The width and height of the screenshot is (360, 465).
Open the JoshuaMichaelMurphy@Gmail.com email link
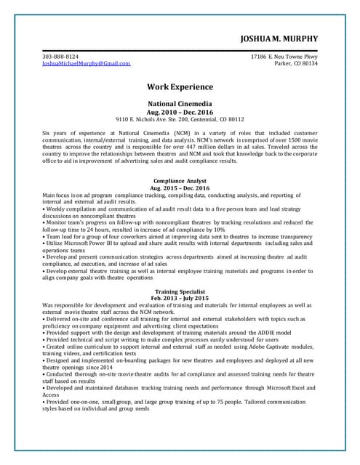(87, 63)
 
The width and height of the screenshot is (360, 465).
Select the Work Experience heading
(180, 86)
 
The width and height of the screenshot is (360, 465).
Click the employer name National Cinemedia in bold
(180, 104)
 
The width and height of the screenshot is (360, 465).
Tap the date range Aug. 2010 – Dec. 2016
(180, 112)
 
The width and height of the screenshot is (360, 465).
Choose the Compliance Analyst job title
(180, 181)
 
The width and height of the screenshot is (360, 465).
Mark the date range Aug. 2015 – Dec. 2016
(180, 188)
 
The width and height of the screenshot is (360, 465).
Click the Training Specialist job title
(180, 291)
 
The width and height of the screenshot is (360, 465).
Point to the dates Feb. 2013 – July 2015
(180, 299)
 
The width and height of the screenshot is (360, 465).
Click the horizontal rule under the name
(180, 50)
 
